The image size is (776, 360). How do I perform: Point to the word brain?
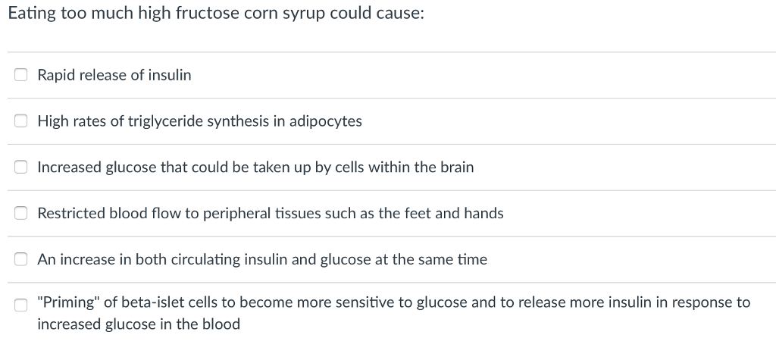[456, 167]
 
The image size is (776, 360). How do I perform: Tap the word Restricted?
[70, 214]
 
